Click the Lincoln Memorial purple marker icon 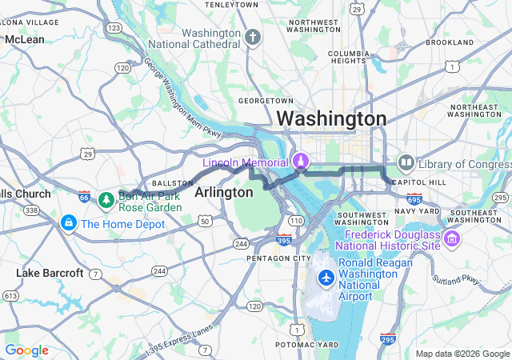[x=301, y=161]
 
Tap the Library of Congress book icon [x=406, y=163]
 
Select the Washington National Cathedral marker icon [x=253, y=37]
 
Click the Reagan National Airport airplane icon [x=326, y=278]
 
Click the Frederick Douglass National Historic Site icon [x=452, y=238]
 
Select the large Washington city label [x=331, y=118]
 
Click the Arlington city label [x=224, y=193]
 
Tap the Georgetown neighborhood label [x=266, y=101]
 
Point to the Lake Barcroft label [x=50, y=273]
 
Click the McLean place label [x=24, y=38]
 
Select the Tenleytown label [x=231, y=5]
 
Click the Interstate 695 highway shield [x=414, y=198]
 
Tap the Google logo [x=27, y=350]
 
